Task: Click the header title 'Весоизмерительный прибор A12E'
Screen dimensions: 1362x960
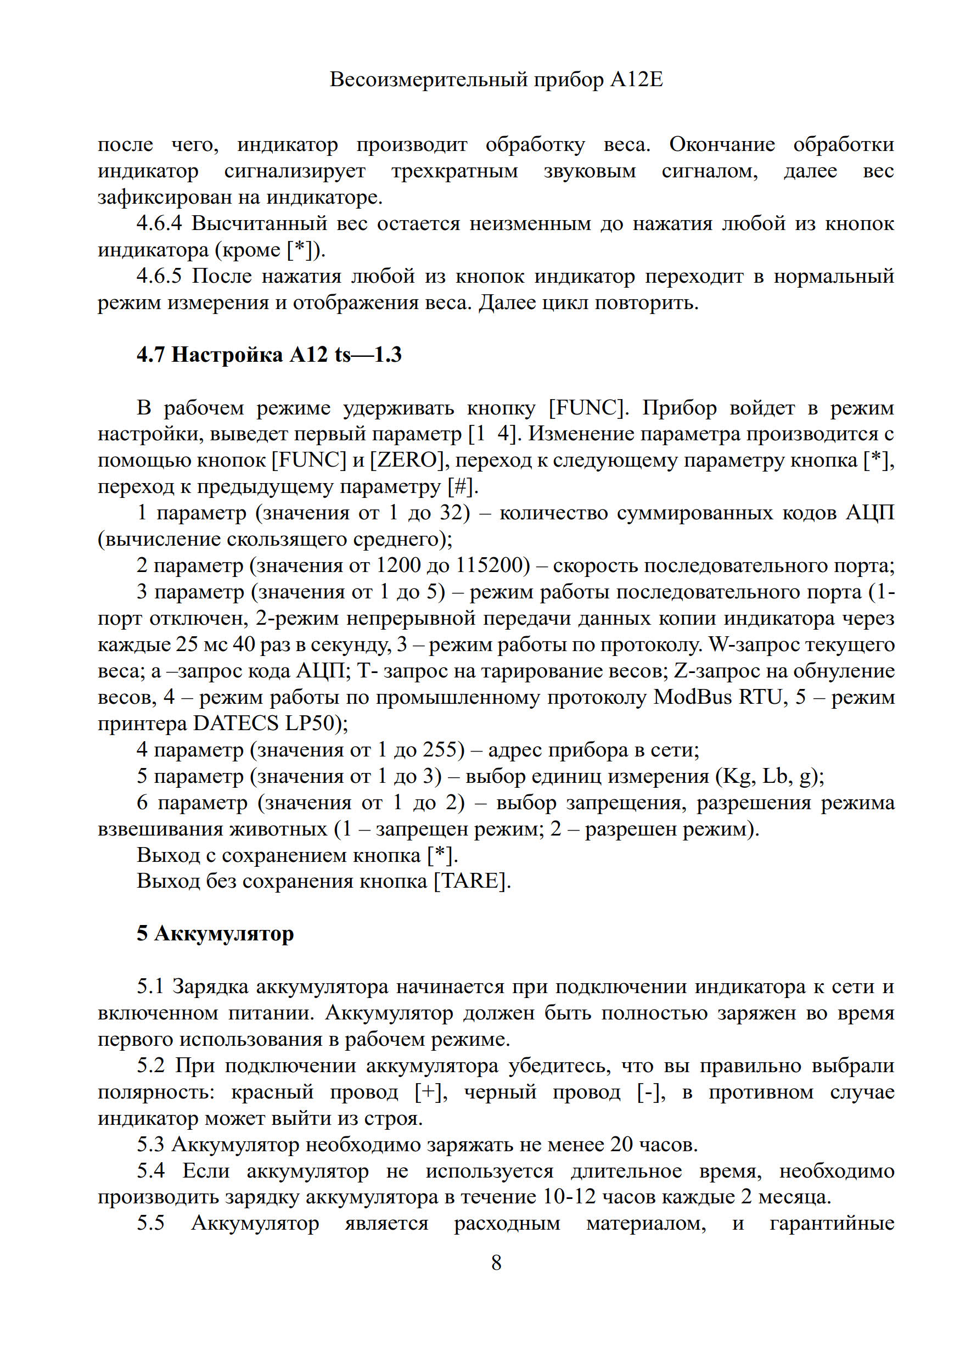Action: point(496,80)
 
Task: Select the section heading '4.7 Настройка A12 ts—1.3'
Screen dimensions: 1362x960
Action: point(268,355)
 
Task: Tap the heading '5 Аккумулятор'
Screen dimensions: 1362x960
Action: point(215,933)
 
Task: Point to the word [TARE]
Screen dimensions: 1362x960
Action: point(471,881)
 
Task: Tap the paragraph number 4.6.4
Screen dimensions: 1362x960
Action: point(159,223)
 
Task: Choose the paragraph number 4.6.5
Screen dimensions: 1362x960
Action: point(159,277)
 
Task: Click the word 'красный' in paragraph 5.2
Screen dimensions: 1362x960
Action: point(272,1092)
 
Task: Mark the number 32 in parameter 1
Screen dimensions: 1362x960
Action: point(452,513)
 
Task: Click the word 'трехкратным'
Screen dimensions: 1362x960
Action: point(454,171)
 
